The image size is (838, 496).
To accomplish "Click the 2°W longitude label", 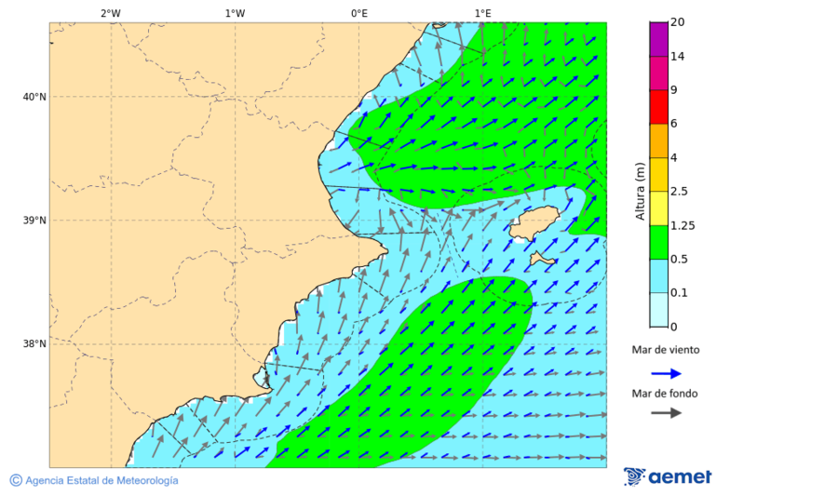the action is coord(110,13).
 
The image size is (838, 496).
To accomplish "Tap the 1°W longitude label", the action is coord(235,13).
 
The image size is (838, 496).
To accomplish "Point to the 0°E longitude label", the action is coord(358,13).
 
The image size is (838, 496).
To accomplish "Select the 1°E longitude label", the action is coord(482,13).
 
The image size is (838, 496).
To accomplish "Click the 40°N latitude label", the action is coord(34,97).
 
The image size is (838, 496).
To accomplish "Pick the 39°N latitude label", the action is coord(34,221).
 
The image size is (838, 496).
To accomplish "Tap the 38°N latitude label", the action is coord(34,344).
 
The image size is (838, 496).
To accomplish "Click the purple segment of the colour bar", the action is coord(658,38).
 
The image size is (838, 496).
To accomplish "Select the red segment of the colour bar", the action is coord(658,106).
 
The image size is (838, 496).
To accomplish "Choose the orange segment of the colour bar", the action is coord(658,141).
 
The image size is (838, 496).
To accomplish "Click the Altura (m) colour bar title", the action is coord(640,191).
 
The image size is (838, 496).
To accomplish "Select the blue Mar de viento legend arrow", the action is coord(667,373).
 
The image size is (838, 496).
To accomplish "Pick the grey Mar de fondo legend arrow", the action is coord(667,413).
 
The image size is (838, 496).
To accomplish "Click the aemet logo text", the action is coord(680,476).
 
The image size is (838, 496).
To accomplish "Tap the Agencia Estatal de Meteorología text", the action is coord(101,480).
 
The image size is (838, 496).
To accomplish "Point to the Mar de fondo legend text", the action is coord(665,394).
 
